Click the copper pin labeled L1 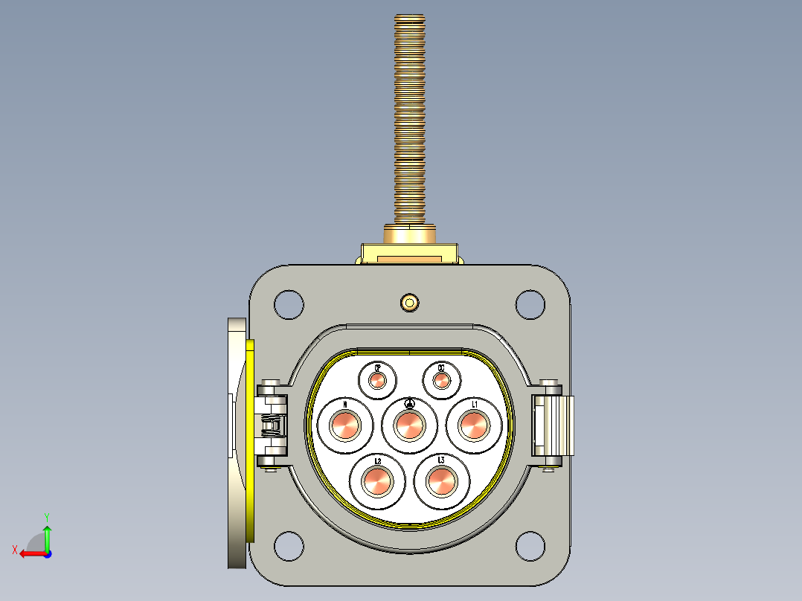click(472, 426)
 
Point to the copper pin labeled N click(345, 426)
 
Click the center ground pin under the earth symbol click(409, 426)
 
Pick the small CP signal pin click(377, 381)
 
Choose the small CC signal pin click(441, 381)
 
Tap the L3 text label click(441, 460)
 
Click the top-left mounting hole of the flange click(289, 303)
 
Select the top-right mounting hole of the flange click(530, 303)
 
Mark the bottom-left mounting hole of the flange click(289, 546)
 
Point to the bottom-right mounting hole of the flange click(530, 546)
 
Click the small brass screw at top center click(409, 302)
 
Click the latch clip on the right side click(554, 425)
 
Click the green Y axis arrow click(47, 534)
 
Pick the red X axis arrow click(28, 553)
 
